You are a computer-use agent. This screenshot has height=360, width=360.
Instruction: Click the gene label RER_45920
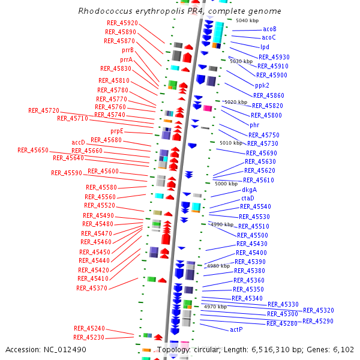(x=121, y=23)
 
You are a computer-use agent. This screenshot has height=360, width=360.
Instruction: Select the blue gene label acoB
(x=269, y=29)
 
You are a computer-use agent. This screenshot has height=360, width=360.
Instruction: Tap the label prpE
(x=116, y=131)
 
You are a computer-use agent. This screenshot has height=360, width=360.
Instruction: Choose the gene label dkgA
(x=249, y=190)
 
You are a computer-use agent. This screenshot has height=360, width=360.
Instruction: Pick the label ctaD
(x=248, y=198)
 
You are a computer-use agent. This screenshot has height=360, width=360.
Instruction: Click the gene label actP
(x=236, y=329)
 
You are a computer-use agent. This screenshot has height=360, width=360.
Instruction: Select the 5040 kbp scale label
(x=247, y=20)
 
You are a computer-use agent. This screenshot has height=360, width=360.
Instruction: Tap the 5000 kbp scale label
(x=226, y=184)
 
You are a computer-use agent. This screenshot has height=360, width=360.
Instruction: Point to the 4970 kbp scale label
(x=215, y=307)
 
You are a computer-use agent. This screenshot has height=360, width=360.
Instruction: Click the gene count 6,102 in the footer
(x=344, y=349)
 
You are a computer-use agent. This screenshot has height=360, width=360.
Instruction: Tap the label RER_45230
(x=89, y=337)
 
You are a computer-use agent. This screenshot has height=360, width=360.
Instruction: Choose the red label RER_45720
(x=44, y=110)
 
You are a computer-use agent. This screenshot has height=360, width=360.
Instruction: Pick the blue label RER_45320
(x=319, y=310)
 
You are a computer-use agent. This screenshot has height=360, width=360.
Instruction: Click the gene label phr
(x=254, y=125)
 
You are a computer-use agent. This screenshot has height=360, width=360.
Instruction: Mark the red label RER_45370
(x=92, y=288)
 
